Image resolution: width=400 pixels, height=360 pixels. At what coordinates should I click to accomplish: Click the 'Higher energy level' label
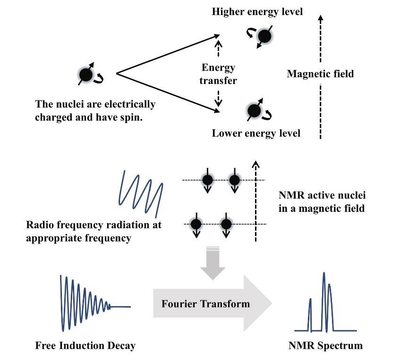click(x=257, y=12)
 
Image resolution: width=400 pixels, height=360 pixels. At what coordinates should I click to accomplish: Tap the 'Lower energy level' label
click(x=256, y=134)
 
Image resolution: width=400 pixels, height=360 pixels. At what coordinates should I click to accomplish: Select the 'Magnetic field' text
click(x=320, y=74)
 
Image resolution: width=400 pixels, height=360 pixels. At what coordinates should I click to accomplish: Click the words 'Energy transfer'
click(x=218, y=74)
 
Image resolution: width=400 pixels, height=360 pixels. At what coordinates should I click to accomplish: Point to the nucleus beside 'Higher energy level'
click(x=264, y=36)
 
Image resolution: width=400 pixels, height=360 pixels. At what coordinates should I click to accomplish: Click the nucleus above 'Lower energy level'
click(x=254, y=111)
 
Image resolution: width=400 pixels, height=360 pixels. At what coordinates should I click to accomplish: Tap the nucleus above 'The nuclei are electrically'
click(x=86, y=75)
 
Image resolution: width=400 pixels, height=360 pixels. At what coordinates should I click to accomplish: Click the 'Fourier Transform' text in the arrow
click(x=205, y=304)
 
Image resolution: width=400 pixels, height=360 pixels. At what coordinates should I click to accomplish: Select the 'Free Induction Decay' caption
click(x=85, y=346)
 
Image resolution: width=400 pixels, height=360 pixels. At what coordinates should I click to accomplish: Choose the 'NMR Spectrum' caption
click(x=325, y=346)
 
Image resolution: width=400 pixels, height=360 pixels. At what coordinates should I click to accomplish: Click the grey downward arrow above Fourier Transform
click(x=213, y=263)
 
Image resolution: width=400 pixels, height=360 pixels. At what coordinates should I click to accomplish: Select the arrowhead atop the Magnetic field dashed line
click(x=321, y=17)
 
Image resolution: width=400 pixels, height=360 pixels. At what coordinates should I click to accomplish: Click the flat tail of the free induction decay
click(x=120, y=307)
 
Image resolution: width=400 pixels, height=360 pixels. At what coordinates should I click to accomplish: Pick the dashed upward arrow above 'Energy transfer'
click(x=218, y=48)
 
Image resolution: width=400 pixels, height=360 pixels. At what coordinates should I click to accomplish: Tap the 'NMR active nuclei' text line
click(x=322, y=195)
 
